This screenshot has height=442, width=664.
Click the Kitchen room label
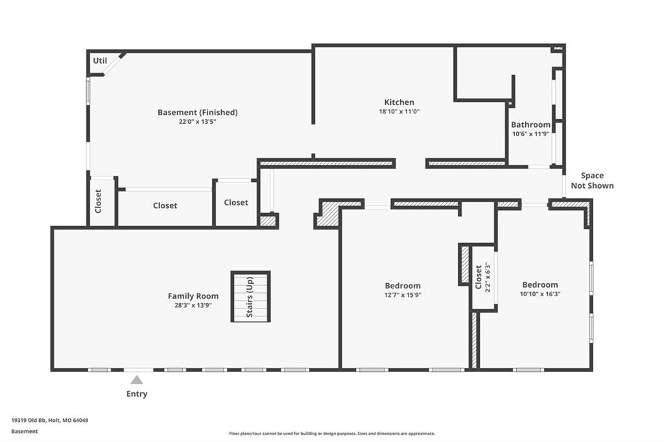399,102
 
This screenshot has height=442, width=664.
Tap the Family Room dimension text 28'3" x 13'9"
193,305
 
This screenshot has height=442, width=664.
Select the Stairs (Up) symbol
250,296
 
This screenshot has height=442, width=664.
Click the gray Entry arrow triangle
136,380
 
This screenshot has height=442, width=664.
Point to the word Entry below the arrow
137,394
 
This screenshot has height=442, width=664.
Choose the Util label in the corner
100,60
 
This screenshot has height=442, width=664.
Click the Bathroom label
530,124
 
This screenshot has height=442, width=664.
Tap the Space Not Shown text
592,180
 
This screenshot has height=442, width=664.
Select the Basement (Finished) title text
197,112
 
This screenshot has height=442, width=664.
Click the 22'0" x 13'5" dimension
197,121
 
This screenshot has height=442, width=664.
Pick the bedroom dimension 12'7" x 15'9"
403,295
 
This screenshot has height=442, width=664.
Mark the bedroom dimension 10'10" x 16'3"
540,294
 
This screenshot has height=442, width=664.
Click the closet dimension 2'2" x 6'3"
488,277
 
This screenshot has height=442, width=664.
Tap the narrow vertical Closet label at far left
99,201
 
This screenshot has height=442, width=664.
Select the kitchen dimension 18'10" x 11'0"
399,111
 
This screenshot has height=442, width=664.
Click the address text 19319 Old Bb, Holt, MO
49,421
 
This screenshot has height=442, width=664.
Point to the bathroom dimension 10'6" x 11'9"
530,134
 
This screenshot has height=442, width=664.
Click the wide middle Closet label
165,205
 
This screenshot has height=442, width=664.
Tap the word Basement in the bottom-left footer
25,432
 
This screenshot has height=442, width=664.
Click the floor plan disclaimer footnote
332,434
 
